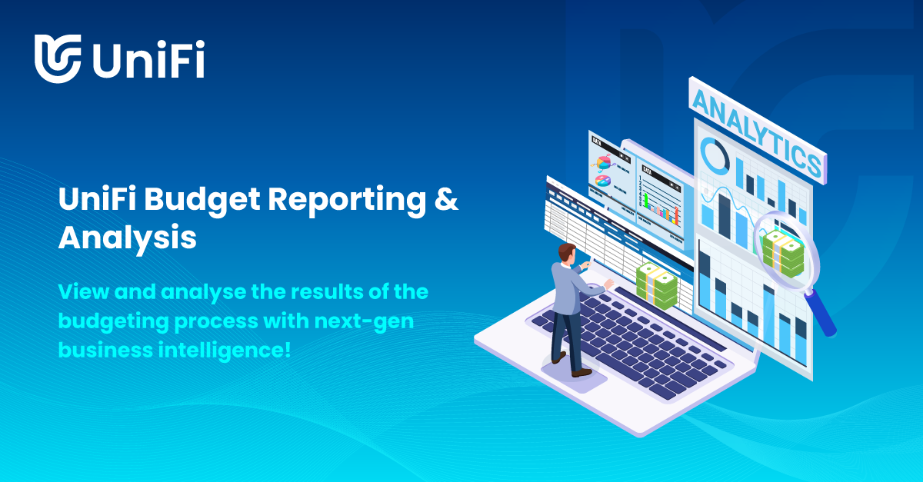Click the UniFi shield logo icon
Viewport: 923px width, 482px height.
[58, 58]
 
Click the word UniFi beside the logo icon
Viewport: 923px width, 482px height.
[148, 58]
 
